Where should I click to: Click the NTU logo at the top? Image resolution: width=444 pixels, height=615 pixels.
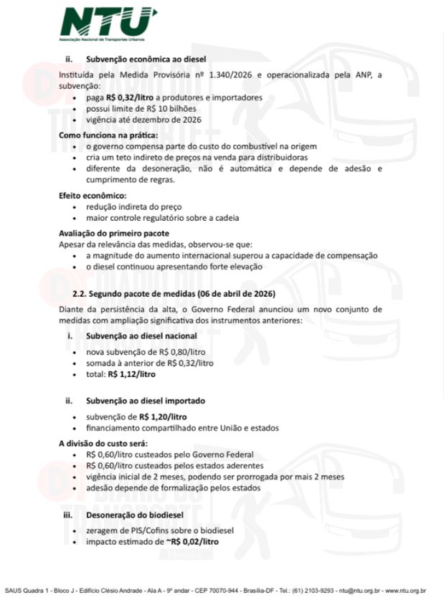(x=108, y=24)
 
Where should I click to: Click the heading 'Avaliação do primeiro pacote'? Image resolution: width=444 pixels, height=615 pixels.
(x=113, y=233)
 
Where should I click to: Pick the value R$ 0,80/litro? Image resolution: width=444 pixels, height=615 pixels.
(x=184, y=353)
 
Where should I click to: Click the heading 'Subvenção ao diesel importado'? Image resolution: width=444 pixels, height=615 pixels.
(x=148, y=401)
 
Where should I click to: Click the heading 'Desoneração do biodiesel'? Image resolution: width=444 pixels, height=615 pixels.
(x=136, y=515)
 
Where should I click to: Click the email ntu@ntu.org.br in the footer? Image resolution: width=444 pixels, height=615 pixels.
(x=359, y=591)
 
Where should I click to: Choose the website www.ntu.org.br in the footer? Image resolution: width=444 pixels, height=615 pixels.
(x=405, y=591)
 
